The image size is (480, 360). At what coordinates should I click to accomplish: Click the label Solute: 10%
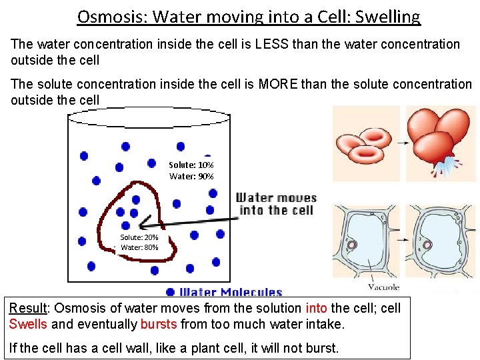[x=191, y=165]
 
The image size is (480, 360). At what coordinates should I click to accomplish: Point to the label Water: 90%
[x=191, y=177]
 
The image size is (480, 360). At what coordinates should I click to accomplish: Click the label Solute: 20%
[x=139, y=237]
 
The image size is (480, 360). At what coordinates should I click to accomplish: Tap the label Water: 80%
[x=139, y=247]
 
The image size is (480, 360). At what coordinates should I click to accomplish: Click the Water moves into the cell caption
[x=276, y=204]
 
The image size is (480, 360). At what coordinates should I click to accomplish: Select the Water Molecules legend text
[x=231, y=292]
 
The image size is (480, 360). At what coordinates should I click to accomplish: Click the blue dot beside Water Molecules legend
[x=171, y=292]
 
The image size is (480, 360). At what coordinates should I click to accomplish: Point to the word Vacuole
[x=383, y=287]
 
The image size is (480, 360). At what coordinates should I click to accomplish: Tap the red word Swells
[x=28, y=325]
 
